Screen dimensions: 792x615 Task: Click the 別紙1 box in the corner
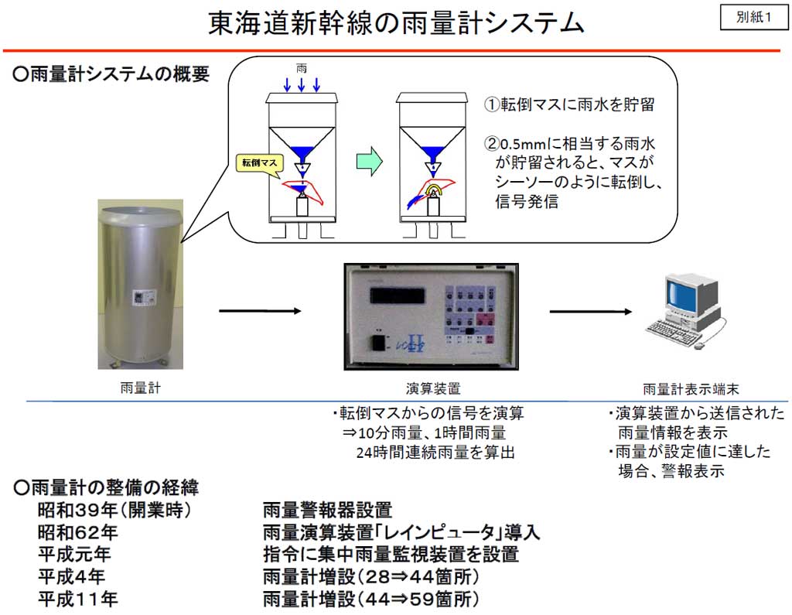[753, 18]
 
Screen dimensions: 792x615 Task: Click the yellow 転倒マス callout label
[260, 162]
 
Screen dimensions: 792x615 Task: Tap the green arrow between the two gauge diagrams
[369, 161]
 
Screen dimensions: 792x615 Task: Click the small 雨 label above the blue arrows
[302, 68]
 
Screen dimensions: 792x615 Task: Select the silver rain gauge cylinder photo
[141, 284]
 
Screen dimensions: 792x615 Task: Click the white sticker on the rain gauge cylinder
[142, 298]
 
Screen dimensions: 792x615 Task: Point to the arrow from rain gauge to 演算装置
[260, 311]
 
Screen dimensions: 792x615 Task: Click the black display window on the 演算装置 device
[397, 295]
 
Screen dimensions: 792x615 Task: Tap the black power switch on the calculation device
[379, 343]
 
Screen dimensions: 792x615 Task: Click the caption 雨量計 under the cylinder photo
[141, 388]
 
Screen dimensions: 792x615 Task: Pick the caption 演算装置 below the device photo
[433, 388]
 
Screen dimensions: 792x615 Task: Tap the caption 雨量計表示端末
[691, 388]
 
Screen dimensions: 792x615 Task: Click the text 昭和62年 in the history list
[78, 532]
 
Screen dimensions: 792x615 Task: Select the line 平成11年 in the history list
[78, 599]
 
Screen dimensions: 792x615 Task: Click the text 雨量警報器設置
[327, 510]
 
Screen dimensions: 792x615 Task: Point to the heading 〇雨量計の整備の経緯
[106, 487]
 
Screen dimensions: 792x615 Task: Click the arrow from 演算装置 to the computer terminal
[590, 311]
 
